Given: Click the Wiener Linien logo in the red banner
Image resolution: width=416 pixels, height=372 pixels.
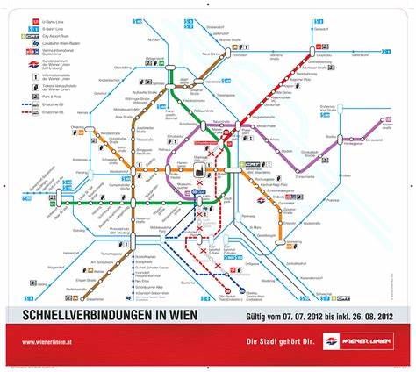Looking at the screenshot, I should (351, 340).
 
